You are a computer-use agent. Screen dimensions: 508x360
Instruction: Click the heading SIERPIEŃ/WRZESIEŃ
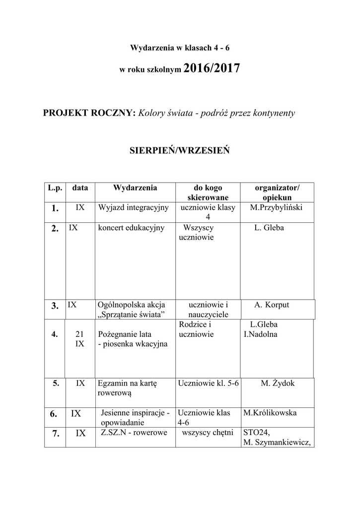coord(179,150)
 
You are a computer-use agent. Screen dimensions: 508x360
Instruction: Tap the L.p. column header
coord(55,188)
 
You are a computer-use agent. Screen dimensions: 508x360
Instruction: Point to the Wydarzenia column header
coord(135,188)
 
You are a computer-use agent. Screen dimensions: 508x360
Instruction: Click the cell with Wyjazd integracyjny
coord(134,207)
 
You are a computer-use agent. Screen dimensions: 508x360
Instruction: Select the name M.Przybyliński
coord(277,207)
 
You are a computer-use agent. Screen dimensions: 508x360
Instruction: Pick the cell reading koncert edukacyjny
coord(131,228)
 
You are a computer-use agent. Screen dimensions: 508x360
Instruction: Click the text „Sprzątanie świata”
coord(132,315)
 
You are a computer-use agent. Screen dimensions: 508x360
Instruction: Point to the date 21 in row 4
coord(79,334)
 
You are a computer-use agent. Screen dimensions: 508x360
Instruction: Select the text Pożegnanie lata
coord(126,334)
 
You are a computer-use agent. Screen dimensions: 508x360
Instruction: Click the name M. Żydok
coord(278,383)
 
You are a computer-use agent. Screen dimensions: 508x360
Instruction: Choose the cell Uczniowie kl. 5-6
coord(209,383)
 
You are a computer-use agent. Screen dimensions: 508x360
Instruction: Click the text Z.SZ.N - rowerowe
coord(134,433)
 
